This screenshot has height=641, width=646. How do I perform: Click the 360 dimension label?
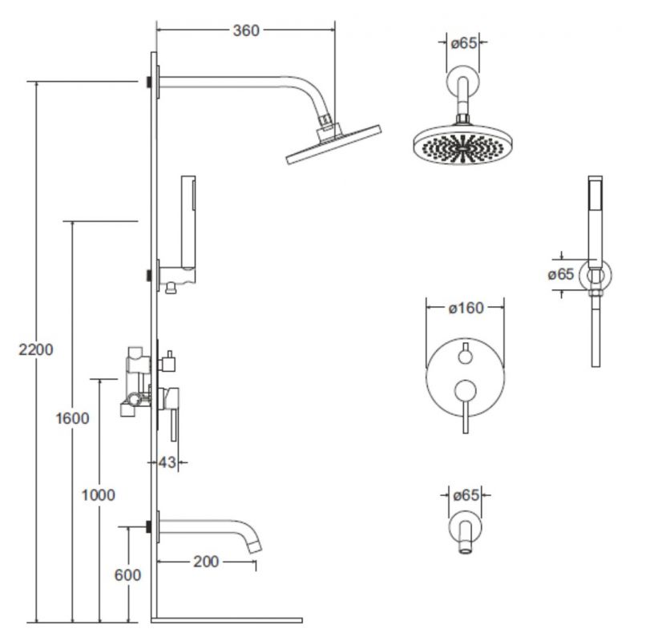[246, 30]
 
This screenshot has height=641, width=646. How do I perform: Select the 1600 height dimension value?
[73, 417]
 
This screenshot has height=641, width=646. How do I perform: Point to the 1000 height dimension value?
[99, 494]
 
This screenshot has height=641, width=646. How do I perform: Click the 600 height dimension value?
[127, 574]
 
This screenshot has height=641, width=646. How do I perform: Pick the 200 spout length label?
[206, 562]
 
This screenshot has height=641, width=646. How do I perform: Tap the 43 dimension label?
[167, 462]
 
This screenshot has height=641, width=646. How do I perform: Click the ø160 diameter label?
[465, 308]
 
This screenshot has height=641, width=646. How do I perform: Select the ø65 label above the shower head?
[465, 43]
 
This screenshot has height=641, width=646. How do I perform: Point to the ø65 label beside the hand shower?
[561, 274]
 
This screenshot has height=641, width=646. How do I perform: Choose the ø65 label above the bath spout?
[465, 496]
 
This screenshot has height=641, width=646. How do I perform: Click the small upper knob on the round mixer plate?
[465, 353]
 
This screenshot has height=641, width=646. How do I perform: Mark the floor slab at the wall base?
[228, 619]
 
